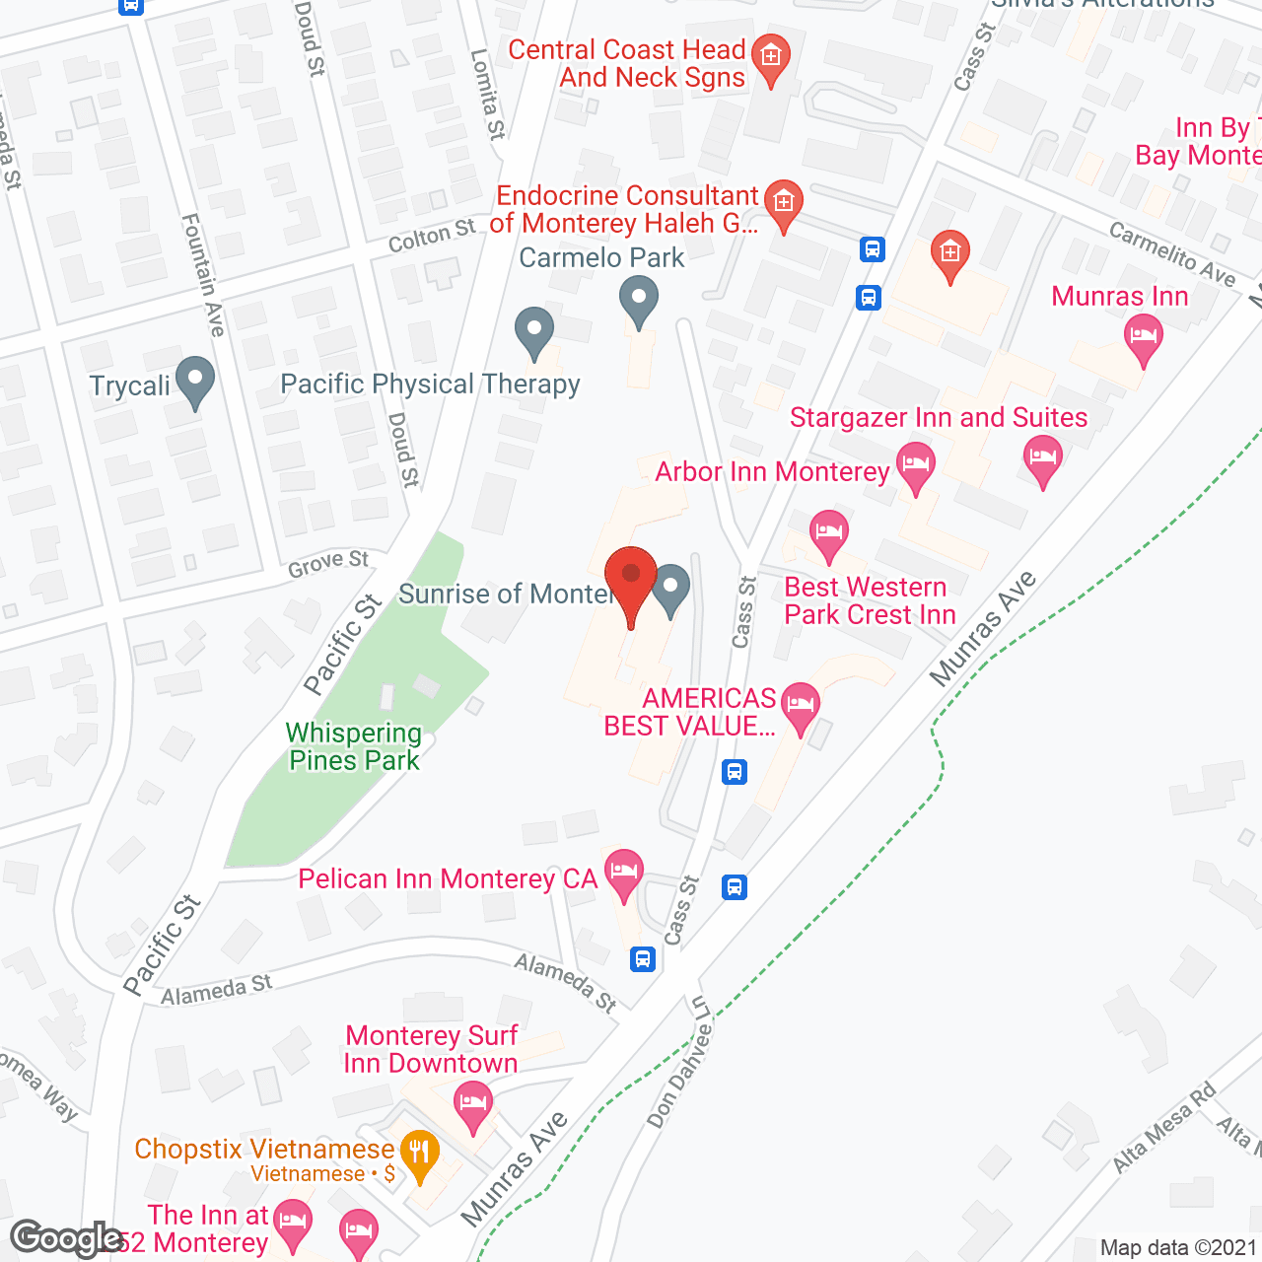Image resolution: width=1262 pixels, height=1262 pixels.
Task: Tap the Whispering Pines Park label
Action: (x=354, y=746)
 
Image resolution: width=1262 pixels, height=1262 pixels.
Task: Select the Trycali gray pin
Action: (x=195, y=381)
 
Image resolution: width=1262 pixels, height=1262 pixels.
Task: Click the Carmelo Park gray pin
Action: (x=639, y=299)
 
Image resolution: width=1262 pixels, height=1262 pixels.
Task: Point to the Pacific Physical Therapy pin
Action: (x=534, y=331)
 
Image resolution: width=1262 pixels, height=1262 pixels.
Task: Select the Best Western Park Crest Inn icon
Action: (x=829, y=533)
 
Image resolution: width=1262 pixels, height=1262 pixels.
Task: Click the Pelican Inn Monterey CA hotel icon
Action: (x=623, y=873)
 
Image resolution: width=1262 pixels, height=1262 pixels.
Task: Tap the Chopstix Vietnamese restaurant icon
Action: (x=420, y=1154)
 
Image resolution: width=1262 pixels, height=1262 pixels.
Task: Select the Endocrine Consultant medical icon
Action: (x=784, y=204)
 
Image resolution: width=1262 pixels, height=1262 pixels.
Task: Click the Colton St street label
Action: (x=432, y=237)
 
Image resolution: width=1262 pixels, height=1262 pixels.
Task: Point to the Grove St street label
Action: (x=328, y=564)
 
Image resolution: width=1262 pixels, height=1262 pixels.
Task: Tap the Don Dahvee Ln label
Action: (x=679, y=1062)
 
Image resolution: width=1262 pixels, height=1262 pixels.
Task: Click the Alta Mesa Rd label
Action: (x=1164, y=1128)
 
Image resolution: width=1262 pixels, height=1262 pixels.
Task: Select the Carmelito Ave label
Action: (x=1172, y=253)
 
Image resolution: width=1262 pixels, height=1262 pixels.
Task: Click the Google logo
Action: (x=67, y=1238)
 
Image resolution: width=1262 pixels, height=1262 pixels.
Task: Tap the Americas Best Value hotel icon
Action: (x=801, y=707)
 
